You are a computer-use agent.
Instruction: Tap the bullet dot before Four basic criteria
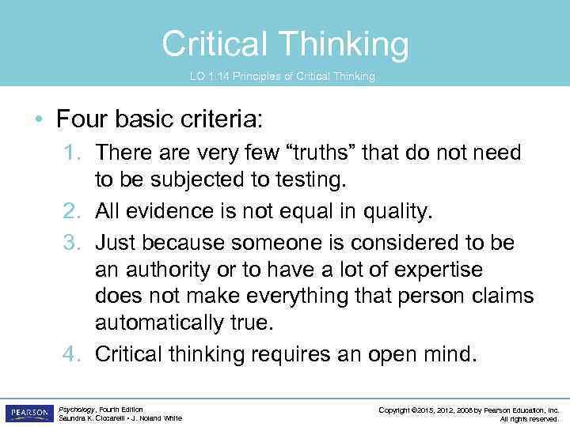(x=39, y=121)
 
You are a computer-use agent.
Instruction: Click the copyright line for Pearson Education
(x=469, y=410)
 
